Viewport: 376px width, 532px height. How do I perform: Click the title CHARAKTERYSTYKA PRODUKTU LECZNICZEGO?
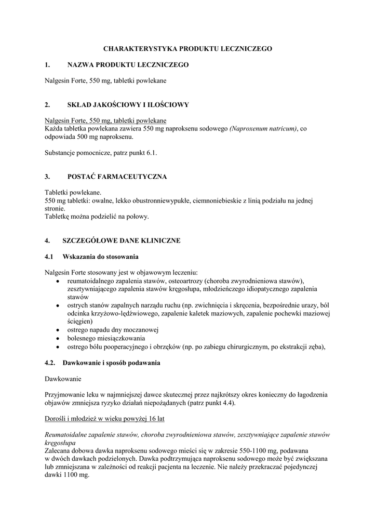(187, 48)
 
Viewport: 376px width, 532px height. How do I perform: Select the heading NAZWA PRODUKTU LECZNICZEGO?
(128, 65)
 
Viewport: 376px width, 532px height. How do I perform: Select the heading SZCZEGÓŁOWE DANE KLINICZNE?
(121, 241)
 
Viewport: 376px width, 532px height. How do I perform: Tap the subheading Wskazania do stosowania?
(100, 257)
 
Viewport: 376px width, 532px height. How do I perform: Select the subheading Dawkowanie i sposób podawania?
(111, 362)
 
